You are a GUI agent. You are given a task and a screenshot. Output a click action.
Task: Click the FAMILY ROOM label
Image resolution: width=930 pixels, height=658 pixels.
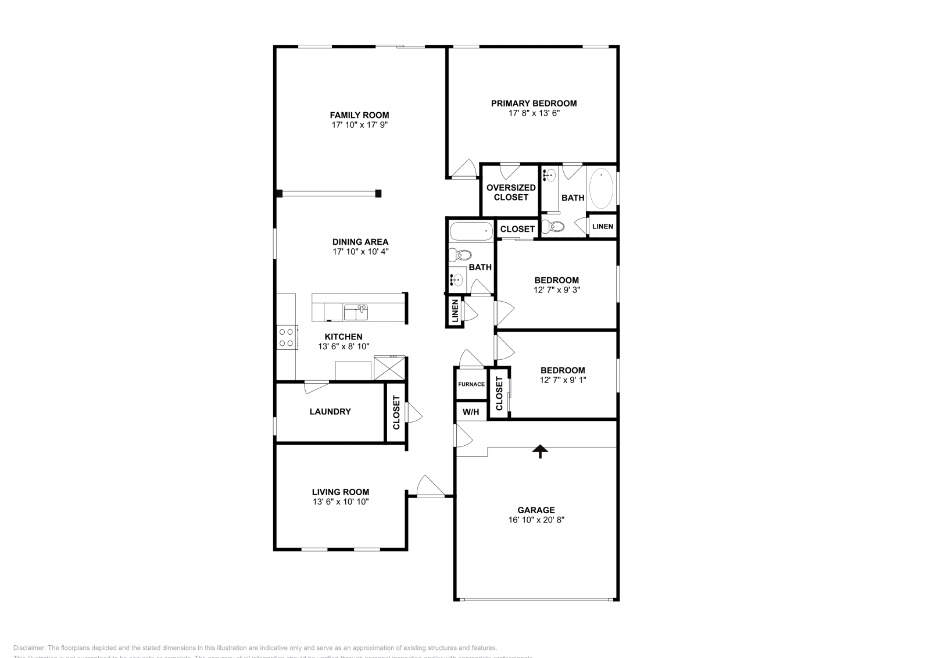[x=359, y=115]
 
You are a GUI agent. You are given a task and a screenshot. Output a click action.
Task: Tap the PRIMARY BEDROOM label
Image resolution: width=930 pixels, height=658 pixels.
[x=534, y=103]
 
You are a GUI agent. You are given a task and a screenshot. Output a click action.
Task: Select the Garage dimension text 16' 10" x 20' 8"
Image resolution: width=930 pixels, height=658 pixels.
[x=536, y=520]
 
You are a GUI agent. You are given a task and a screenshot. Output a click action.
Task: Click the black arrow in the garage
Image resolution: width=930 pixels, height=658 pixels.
[x=541, y=451]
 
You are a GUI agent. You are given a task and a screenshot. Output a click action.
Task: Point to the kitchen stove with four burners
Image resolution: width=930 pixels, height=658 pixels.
[x=286, y=337]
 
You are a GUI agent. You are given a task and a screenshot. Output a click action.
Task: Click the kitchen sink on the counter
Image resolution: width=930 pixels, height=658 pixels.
[x=355, y=313]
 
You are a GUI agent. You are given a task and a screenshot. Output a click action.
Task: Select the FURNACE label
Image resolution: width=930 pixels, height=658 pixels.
[x=471, y=384]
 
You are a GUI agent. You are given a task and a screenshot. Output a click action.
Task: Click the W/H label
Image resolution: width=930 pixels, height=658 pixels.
[x=471, y=412]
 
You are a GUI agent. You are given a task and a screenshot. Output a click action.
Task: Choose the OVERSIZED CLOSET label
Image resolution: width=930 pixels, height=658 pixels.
[x=511, y=192]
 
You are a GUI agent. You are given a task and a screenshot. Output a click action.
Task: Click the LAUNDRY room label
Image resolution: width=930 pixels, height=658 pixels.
[x=330, y=412]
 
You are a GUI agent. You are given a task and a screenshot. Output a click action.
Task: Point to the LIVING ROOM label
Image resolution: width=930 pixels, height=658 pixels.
[x=340, y=492]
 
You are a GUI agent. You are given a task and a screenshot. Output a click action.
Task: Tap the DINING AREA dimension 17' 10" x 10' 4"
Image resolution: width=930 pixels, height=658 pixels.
[x=360, y=252]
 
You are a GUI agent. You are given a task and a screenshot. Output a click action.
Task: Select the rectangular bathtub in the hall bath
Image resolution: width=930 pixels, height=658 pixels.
[x=471, y=232]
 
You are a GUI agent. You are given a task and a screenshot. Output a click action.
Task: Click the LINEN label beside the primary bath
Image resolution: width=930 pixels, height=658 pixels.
[x=602, y=226]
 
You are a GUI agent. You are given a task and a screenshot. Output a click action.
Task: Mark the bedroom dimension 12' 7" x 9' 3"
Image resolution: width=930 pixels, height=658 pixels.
[x=556, y=289]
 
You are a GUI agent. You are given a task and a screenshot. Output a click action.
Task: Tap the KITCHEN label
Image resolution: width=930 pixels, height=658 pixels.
[x=343, y=337]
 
